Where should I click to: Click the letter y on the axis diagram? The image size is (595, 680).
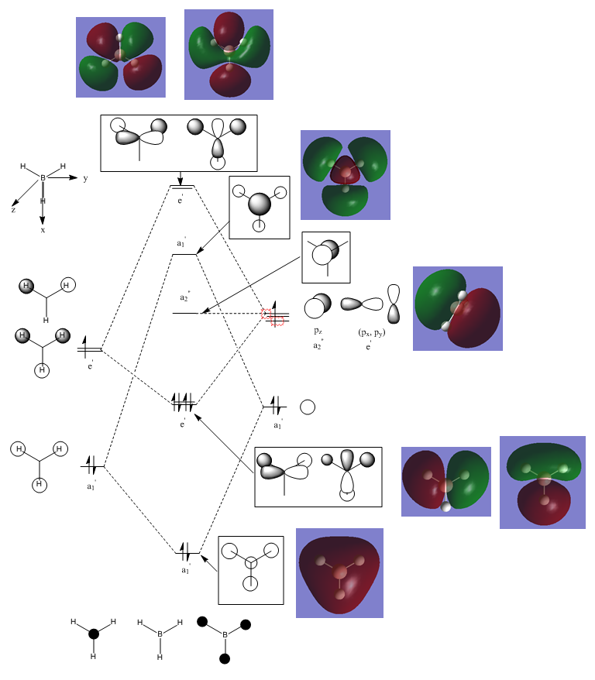[84, 178]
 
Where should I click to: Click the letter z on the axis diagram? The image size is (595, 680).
[13, 210]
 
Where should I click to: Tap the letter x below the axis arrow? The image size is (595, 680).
[43, 230]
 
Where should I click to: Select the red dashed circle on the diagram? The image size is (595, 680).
[273, 314]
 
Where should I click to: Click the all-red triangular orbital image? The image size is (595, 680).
[339, 572]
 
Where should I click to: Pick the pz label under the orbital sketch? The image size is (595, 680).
[318, 331]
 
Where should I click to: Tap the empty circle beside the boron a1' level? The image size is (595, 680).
[307, 407]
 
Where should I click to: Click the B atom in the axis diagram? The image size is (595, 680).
[43, 178]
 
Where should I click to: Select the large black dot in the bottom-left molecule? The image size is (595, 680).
[94, 634]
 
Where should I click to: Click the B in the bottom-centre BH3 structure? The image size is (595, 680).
[160, 634]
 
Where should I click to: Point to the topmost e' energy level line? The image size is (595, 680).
[183, 187]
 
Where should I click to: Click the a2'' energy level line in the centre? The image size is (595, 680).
[185, 313]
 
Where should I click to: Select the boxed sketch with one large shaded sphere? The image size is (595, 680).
[260, 204]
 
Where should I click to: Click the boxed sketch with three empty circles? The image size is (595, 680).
[250, 569]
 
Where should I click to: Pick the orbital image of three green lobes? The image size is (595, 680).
[346, 174]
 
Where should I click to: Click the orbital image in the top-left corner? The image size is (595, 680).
[120, 57]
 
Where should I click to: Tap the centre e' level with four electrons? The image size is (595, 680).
[184, 404]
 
